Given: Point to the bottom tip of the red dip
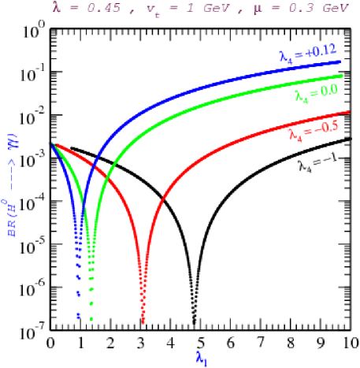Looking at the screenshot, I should (143, 322).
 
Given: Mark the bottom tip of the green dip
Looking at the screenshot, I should (92, 319).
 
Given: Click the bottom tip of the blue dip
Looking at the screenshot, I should (78, 317).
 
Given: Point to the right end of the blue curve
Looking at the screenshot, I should (341, 60).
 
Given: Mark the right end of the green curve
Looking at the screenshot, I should (343, 76).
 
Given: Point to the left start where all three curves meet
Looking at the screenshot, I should (52, 143).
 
